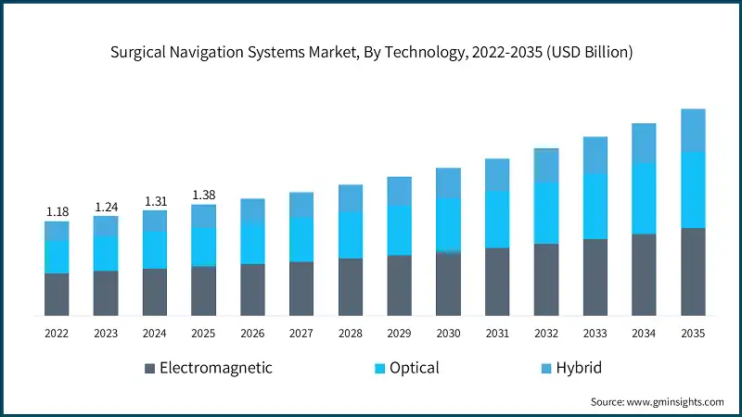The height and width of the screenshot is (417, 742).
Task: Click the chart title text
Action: [371, 53]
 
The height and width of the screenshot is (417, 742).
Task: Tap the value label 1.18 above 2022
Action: [58, 212]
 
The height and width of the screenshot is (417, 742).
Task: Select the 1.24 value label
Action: [106, 207]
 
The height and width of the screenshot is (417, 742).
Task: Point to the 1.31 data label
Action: [155, 201]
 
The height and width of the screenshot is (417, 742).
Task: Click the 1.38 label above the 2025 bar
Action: [204, 195]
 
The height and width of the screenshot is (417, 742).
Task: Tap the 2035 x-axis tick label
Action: [693, 332]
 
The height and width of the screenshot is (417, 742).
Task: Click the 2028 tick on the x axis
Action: [351, 332]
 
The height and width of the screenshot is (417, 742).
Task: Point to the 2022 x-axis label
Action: [58, 332]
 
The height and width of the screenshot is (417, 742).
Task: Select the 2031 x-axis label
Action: [497, 332]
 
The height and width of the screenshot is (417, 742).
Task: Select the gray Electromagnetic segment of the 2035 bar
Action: [693, 272]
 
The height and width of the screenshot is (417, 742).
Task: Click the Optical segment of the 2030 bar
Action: [449, 224]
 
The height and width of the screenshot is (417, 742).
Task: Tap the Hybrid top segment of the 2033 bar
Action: [595, 155]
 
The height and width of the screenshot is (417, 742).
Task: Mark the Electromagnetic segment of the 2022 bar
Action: [58, 294]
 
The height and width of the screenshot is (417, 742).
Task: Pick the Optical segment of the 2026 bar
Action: [253, 243]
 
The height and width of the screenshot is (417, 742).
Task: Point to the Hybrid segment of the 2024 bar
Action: [155, 221]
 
